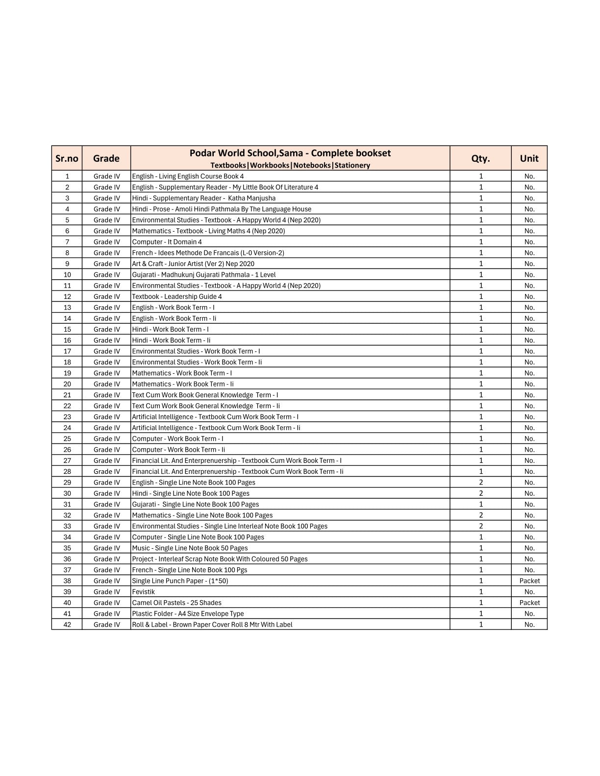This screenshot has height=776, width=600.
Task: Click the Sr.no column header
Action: (x=67, y=158)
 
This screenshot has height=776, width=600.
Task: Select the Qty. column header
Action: (x=480, y=158)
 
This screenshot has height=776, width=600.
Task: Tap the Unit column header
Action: (x=529, y=158)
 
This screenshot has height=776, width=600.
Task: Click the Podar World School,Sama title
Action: (x=290, y=153)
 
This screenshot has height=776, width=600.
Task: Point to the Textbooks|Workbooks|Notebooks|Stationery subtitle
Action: (x=290, y=166)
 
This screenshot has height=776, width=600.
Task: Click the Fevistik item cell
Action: (x=144, y=592)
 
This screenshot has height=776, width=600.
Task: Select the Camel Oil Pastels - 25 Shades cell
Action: (x=176, y=603)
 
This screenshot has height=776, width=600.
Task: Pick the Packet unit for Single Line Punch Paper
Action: (x=529, y=581)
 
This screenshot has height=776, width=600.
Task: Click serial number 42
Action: (x=67, y=625)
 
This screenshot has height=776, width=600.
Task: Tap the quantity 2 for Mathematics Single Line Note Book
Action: (x=481, y=515)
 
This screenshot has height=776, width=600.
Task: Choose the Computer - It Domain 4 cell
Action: (x=167, y=242)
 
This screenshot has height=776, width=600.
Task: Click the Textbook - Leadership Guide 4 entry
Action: (x=177, y=296)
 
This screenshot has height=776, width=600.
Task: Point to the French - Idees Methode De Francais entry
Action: (x=208, y=253)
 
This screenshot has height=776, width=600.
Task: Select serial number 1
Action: (x=67, y=176)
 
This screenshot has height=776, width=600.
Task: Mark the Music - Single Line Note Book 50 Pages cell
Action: (x=190, y=548)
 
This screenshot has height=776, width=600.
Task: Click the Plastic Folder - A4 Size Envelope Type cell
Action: (x=188, y=614)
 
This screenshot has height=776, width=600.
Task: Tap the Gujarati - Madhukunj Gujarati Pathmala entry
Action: (x=204, y=275)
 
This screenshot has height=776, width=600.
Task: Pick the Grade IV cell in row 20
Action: (x=106, y=384)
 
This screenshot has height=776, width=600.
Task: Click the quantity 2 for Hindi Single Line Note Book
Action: (x=481, y=493)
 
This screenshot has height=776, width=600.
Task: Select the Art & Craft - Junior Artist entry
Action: (x=193, y=264)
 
